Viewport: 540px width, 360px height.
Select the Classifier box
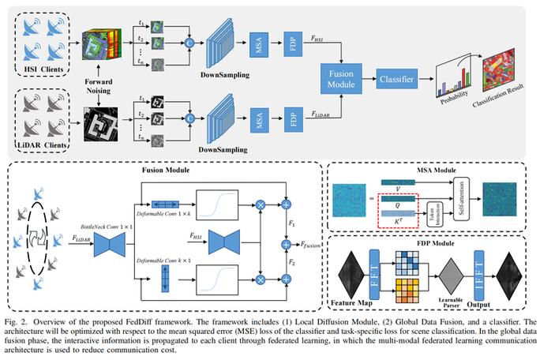coord(398,81)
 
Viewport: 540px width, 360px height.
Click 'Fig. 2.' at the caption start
coord(14,322)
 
